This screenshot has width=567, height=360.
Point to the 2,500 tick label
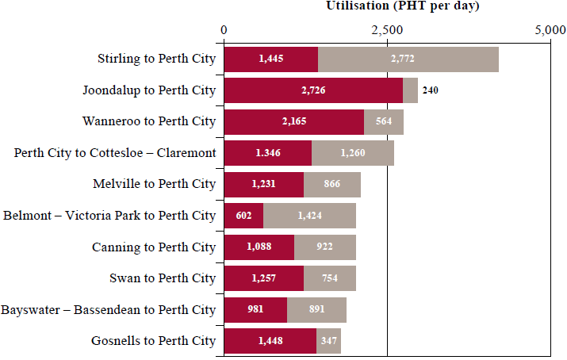pyautogui.click(x=388, y=30)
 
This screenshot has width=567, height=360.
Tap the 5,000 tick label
pyautogui.click(x=550, y=30)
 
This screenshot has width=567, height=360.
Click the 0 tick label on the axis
pyautogui.click(x=224, y=30)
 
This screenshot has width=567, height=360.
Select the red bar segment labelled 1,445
pyautogui.click(x=271, y=59)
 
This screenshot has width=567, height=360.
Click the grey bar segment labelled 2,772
pyautogui.click(x=408, y=59)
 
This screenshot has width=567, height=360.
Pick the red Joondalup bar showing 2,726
pyautogui.click(x=313, y=90)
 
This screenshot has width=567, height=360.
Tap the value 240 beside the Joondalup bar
pyautogui.click(x=430, y=90)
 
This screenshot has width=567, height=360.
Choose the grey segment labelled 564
pyautogui.click(x=384, y=121)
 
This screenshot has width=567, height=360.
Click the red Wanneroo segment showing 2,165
pyautogui.click(x=294, y=121)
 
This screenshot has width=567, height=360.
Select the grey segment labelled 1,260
pyautogui.click(x=353, y=152)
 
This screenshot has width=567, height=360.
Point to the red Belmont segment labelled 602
pyautogui.click(x=243, y=215)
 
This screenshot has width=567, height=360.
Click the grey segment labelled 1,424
pyautogui.click(x=309, y=215)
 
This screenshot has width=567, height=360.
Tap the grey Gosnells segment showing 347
pyautogui.click(x=328, y=341)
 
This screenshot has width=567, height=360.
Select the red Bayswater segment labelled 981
pyautogui.click(x=255, y=309)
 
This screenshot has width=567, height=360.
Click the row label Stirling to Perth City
pyautogui.click(x=156, y=59)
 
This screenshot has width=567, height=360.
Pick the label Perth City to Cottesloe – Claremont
pyautogui.click(x=115, y=152)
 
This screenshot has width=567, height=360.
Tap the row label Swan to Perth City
pyautogui.click(x=163, y=278)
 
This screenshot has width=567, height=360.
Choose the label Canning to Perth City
pyautogui.click(x=154, y=247)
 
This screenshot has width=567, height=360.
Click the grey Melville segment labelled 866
pyautogui.click(x=332, y=184)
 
